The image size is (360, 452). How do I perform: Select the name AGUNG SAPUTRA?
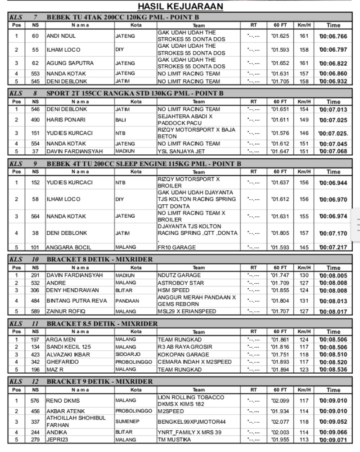click(x=65, y=63)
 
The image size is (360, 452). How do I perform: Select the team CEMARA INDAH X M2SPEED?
click(x=194, y=362)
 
